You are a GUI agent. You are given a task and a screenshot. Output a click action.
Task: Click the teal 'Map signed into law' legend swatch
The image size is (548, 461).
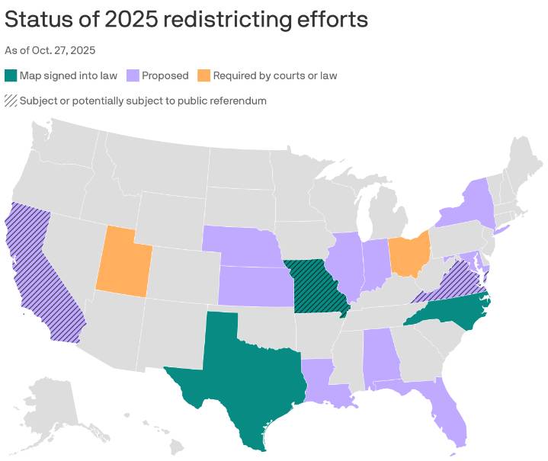click(11, 75)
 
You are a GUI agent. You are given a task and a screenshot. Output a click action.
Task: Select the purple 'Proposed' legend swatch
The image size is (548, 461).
click(133, 75)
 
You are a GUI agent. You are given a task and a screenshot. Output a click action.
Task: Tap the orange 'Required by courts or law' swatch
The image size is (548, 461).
click(204, 75)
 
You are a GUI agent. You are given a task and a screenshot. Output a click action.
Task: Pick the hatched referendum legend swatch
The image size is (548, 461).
click(11, 101)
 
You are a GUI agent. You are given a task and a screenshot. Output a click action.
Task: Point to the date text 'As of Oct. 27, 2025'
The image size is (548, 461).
click(50, 50)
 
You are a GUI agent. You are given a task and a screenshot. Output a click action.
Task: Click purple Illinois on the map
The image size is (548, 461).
click(347, 267)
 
